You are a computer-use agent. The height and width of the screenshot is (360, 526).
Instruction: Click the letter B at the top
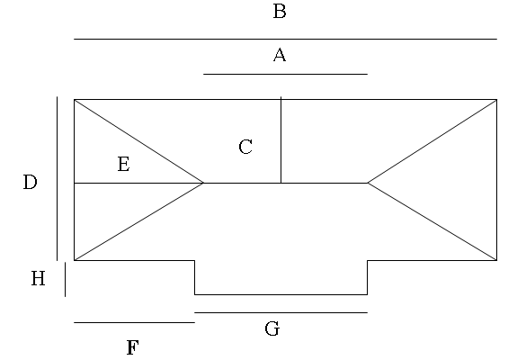point(280,11)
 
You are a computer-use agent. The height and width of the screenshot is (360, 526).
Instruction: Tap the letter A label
point(280,55)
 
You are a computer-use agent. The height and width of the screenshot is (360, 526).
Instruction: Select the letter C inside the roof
point(245,147)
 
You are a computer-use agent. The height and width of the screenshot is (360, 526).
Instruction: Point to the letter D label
point(30,182)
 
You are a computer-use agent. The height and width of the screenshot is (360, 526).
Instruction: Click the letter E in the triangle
point(124,164)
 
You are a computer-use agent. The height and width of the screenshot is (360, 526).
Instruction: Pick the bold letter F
point(132,347)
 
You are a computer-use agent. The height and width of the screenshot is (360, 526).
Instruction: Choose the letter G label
point(272,328)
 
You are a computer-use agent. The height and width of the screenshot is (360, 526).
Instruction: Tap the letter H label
point(39,278)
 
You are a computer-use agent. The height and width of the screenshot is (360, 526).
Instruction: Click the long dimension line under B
point(285,39)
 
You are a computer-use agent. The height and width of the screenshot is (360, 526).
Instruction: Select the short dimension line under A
point(285,74)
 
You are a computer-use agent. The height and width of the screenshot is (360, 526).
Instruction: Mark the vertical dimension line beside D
point(57,178)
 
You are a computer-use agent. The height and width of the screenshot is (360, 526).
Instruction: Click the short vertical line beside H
point(65,279)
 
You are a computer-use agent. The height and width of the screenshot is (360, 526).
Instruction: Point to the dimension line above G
point(281,312)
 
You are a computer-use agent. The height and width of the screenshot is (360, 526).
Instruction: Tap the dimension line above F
point(134,322)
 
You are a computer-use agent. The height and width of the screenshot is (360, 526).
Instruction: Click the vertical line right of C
point(281,139)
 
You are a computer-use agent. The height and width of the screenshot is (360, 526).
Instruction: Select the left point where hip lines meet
point(203,183)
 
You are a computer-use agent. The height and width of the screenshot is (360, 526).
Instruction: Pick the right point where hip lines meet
point(368,183)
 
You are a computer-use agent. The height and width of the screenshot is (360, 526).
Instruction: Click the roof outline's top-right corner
point(497,99)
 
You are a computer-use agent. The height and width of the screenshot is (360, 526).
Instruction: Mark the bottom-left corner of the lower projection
point(195,294)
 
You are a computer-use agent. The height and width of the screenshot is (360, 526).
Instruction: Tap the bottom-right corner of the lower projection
point(368,294)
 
